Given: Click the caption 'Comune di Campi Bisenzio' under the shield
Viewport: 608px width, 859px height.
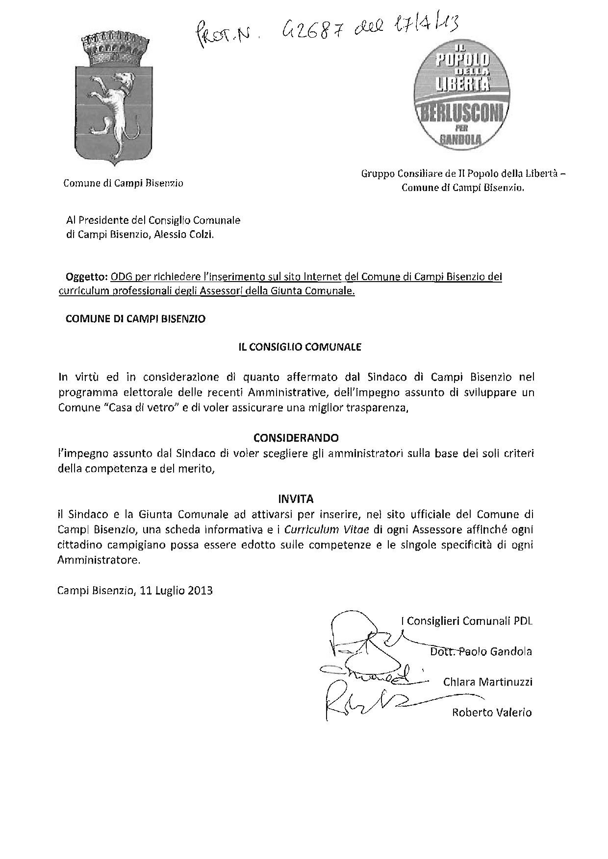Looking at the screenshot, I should pos(123,183).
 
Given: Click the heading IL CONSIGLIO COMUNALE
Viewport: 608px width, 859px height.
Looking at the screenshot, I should pos(300,347).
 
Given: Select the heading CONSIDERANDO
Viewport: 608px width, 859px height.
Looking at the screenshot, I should pos(296,437).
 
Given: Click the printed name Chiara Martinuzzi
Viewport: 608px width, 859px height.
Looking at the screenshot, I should pos(487,682).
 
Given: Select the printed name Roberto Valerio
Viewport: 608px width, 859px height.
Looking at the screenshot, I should pos(491,712).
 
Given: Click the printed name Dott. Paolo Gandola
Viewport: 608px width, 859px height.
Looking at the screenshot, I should pos(481,651).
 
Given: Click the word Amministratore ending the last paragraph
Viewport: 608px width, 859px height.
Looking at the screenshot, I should pos(98,560).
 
